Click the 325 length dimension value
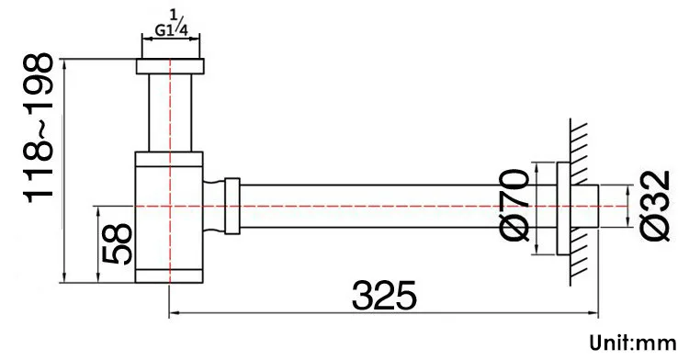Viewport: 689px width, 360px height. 384,295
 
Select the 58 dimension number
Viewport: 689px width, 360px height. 117,244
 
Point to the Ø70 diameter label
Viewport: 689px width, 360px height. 514,206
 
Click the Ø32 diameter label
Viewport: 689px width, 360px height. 656,206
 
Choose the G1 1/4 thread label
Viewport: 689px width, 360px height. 172,26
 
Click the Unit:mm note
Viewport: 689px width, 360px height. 633,343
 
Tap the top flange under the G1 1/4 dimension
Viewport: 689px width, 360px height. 170,66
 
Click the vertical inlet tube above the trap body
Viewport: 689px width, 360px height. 170,112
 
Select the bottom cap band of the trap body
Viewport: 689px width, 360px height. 169,276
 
